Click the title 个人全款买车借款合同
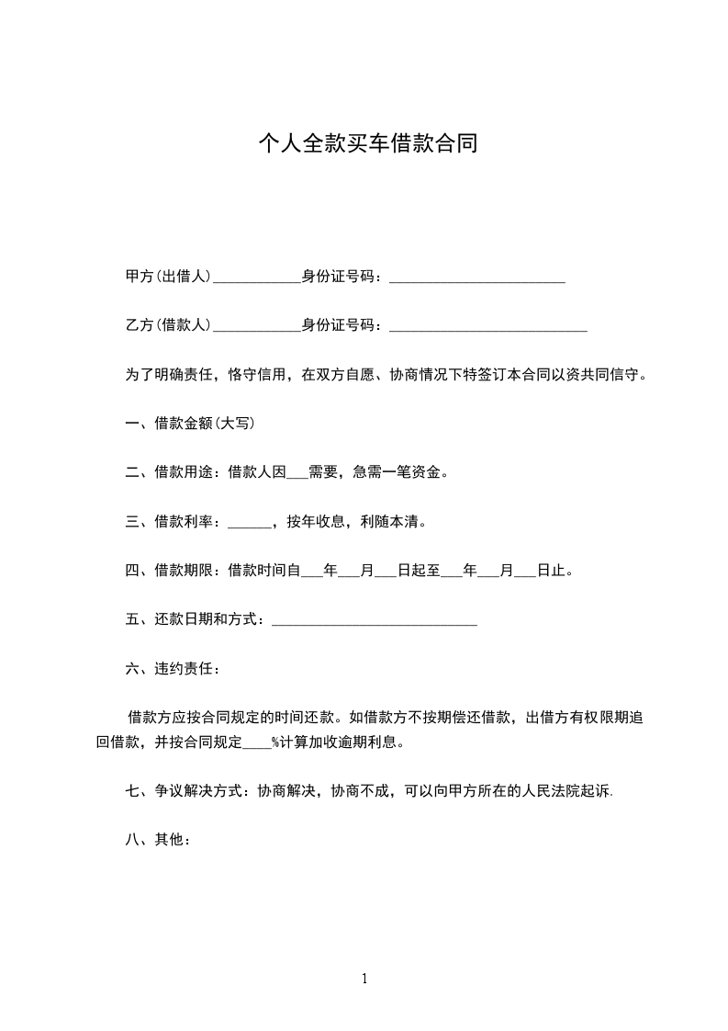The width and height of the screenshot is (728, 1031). (x=368, y=144)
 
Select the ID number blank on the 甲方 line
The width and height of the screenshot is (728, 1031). (x=476, y=277)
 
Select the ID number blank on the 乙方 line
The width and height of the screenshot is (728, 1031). (x=487, y=325)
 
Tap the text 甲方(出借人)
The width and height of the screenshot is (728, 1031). (x=168, y=276)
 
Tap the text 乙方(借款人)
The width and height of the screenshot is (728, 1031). (x=168, y=324)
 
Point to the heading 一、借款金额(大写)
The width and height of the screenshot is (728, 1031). (x=190, y=424)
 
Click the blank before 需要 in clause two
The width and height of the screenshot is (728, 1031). (x=297, y=474)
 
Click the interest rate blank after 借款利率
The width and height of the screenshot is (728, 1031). (x=248, y=523)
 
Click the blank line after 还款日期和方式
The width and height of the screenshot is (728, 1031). (x=375, y=622)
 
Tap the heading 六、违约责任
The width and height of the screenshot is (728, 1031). (x=172, y=669)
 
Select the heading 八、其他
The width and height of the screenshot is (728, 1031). (x=157, y=840)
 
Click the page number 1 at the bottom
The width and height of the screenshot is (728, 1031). (x=364, y=980)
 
